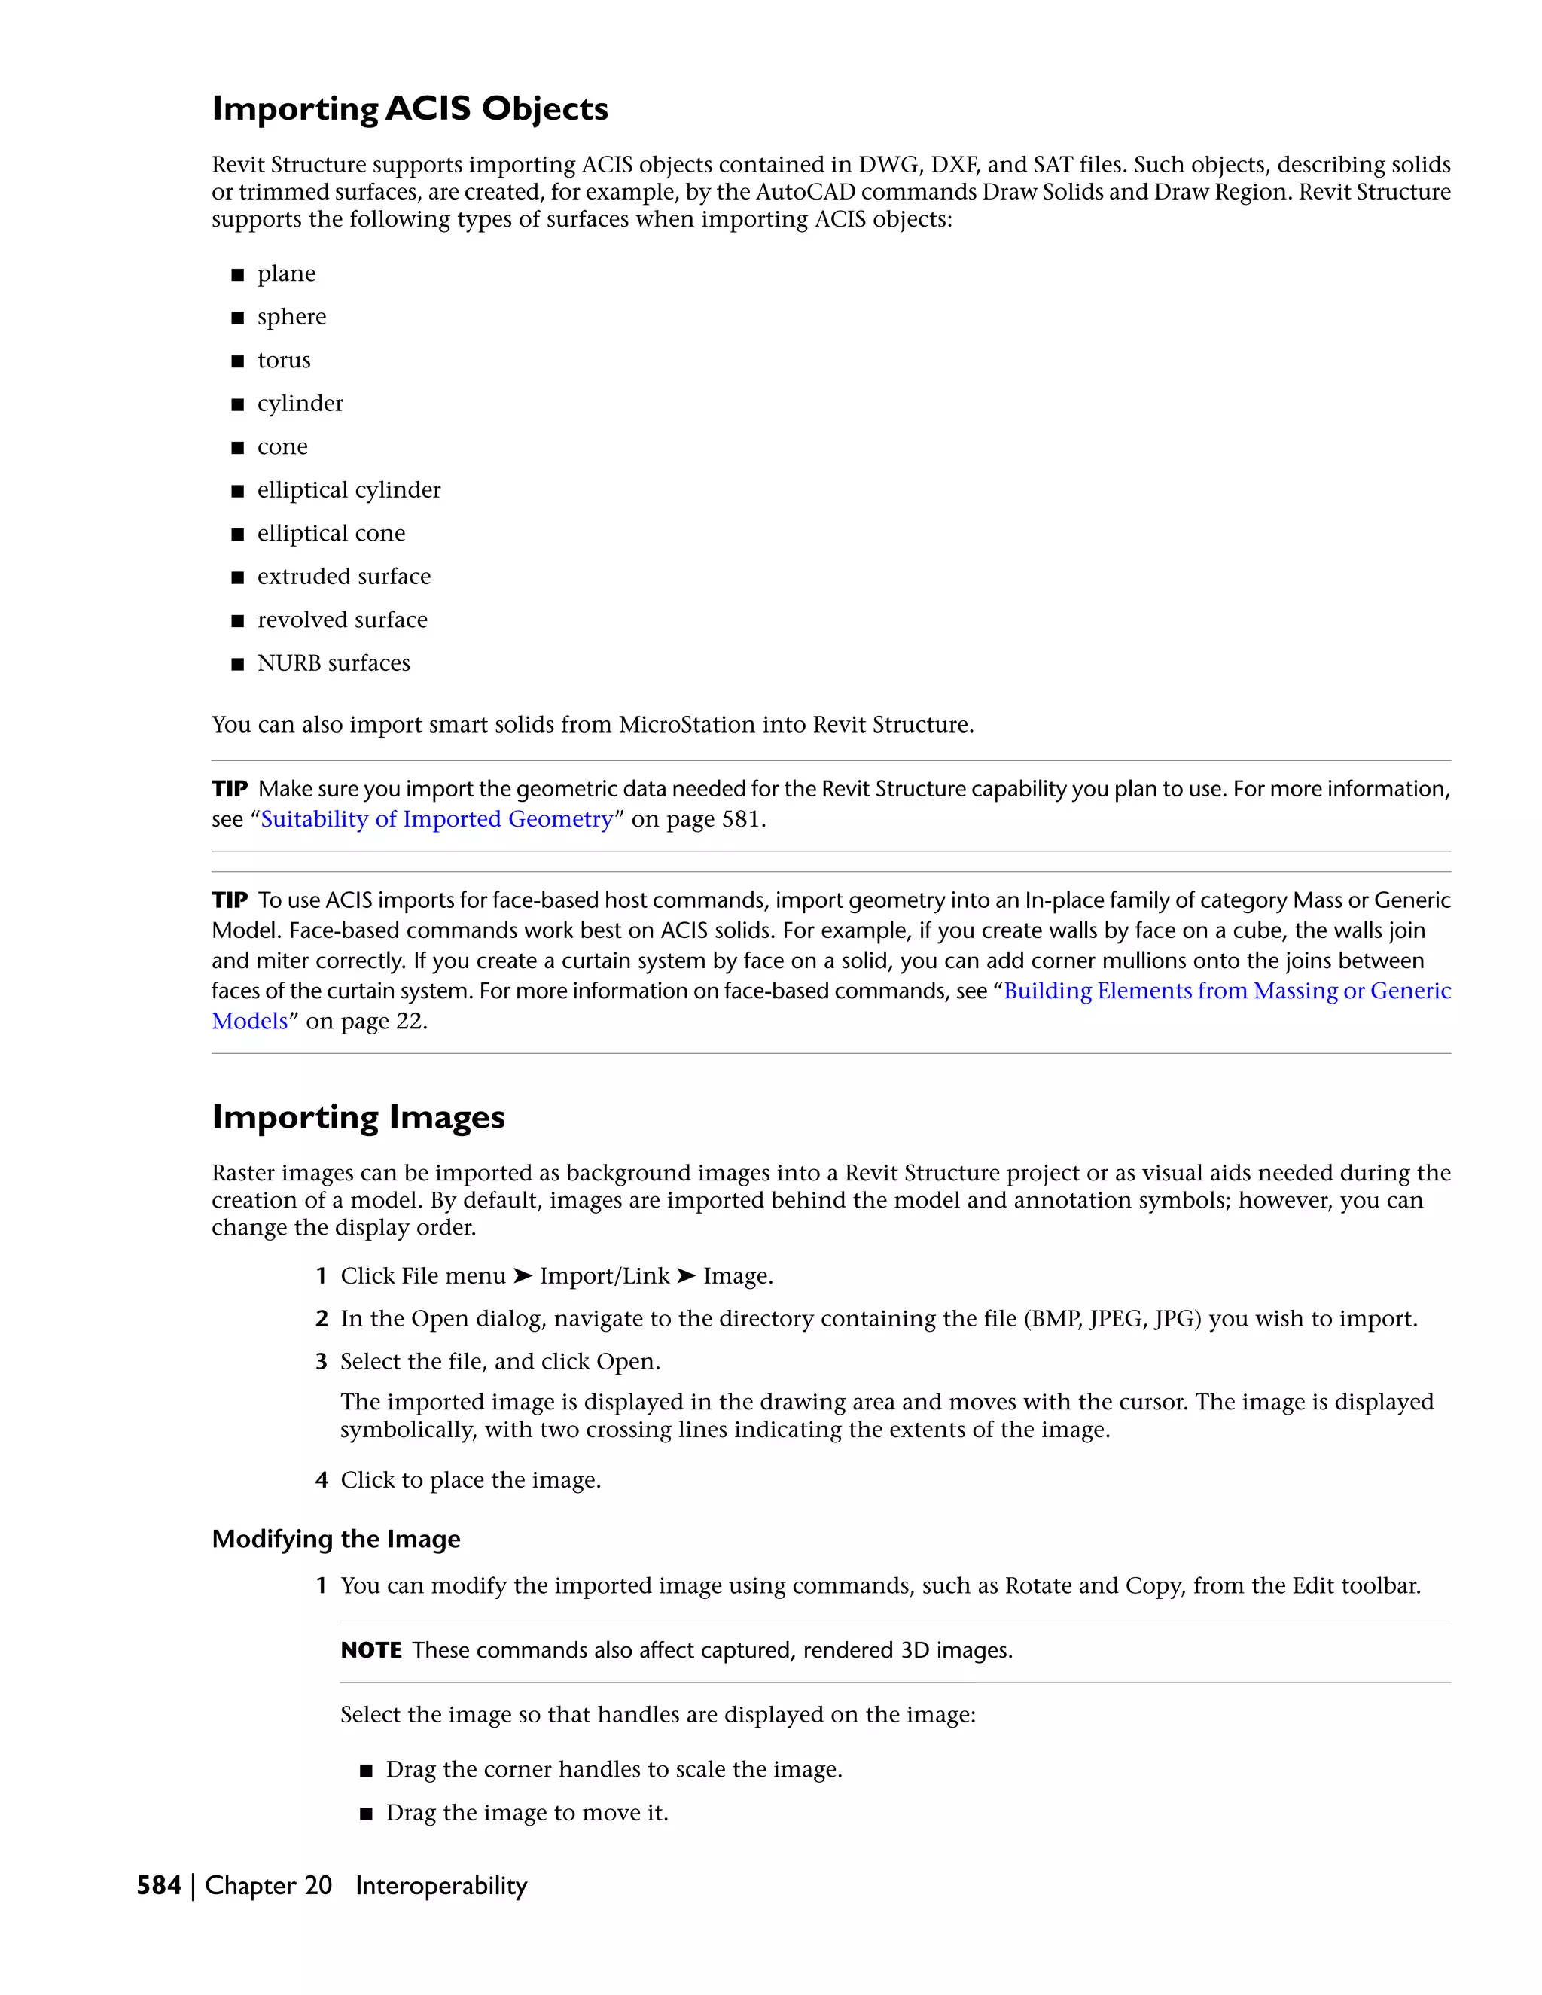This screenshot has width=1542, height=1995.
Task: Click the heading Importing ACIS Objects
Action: (x=410, y=108)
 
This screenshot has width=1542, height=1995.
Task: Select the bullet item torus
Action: (x=284, y=360)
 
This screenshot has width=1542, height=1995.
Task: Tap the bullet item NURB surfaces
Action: (x=334, y=663)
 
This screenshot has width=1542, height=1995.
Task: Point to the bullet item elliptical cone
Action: (x=331, y=534)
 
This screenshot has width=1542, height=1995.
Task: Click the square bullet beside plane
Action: (x=237, y=274)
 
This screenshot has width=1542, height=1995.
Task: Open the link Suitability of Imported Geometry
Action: (x=437, y=819)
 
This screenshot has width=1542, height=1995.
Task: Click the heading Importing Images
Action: (x=358, y=1117)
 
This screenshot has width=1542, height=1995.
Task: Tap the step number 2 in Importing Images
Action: (x=322, y=1319)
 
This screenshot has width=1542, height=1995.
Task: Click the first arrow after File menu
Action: (x=523, y=1276)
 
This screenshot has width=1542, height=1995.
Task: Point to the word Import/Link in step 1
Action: (x=605, y=1276)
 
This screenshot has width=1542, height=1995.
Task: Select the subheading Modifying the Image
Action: (x=336, y=1540)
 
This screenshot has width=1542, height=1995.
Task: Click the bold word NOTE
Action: (x=371, y=1651)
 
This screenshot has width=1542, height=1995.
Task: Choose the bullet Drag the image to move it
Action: (x=527, y=1814)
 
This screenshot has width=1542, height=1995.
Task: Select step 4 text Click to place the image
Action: (x=471, y=1480)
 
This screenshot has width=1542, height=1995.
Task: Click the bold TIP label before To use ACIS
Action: (x=230, y=900)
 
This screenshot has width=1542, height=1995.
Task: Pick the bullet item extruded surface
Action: (x=343, y=577)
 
